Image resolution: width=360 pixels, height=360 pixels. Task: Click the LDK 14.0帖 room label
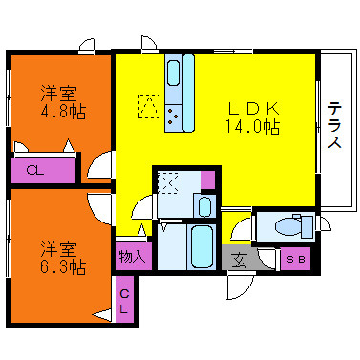click(253, 117)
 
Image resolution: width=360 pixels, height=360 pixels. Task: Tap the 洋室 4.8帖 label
click(63, 102)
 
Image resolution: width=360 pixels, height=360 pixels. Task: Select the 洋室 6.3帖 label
click(63, 258)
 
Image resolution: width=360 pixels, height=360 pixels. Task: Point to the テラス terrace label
click(334, 125)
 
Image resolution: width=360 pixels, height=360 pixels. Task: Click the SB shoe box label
click(296, 260)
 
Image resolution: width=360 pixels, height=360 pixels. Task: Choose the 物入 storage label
click(133, 256)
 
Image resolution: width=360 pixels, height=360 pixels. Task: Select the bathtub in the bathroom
click(201, 247)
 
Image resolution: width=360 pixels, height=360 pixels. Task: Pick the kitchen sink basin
click(173, 74)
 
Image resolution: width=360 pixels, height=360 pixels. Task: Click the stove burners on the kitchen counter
click(173, 116)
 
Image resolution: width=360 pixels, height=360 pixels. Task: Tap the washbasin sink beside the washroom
click(204, 206)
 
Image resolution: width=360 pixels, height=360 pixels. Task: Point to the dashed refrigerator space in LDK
click(149, 107)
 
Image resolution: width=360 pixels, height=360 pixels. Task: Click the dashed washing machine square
click(169, 182)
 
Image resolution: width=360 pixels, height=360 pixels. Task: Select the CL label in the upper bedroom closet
click(35, 171)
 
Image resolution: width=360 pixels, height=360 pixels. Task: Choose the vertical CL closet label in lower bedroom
click(124, 302)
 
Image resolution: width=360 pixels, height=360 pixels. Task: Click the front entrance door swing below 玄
click(240, 286)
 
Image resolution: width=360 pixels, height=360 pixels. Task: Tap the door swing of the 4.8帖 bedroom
click(99, 165)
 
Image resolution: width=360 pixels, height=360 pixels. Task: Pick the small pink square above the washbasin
click(208, 180)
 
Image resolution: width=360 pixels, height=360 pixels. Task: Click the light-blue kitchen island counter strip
click(188, 94)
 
